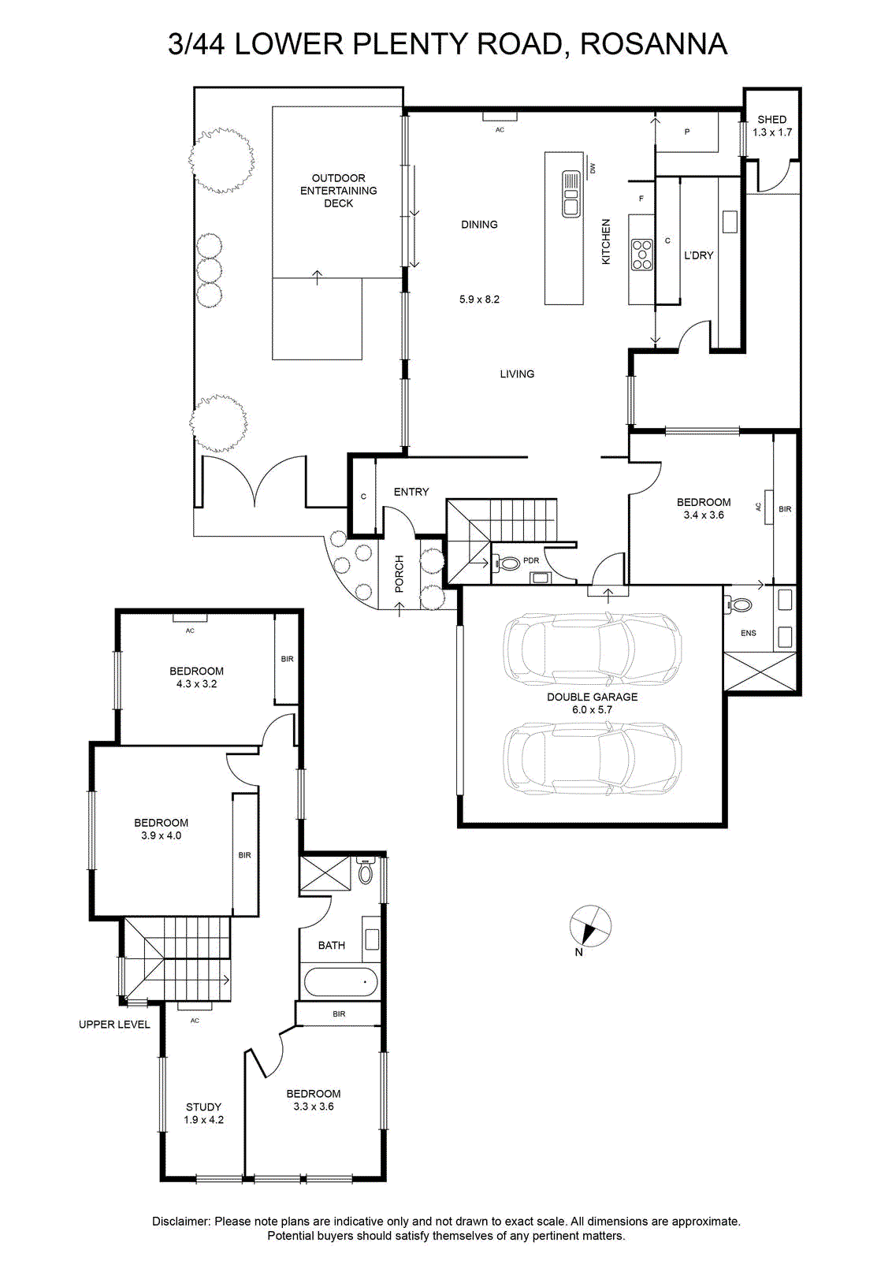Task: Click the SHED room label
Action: [x=771, y=119]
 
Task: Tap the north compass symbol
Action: [x=589, y=926]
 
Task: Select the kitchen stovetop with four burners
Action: [x=642, y=255]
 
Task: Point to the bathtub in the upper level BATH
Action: [x=340, y=980]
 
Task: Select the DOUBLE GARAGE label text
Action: [x=592, y=697]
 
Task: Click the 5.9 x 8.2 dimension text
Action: [x=479, y=299]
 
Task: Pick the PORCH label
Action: [x=399, y=574]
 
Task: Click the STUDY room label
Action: [x=204, y=1107]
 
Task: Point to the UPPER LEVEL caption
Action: [x=114, y=1025]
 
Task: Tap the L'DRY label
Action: [x=698, y=255]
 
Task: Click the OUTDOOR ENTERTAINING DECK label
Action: [x=338, y=191]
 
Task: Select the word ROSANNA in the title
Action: [x=653, y=44]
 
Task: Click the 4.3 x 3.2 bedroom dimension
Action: [x=196, y=684]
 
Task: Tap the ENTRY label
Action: [x=411, y=492]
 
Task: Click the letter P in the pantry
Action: [x=687, y=132]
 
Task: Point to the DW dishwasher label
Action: [x=593, y=168]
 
